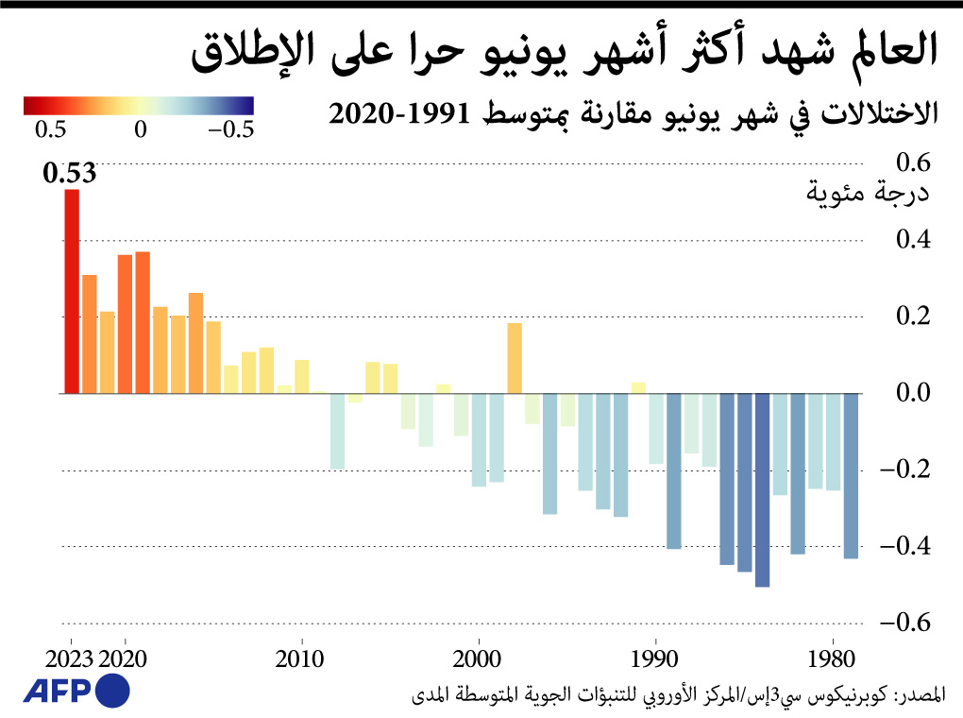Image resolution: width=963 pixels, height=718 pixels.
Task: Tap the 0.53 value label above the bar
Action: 69,174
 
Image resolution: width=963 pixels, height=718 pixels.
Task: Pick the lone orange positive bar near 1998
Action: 515,358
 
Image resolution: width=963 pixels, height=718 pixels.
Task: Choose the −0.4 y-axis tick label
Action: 904,546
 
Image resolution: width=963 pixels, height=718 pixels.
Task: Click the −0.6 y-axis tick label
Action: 904,623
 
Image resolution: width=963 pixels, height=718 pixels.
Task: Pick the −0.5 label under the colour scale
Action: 230,129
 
